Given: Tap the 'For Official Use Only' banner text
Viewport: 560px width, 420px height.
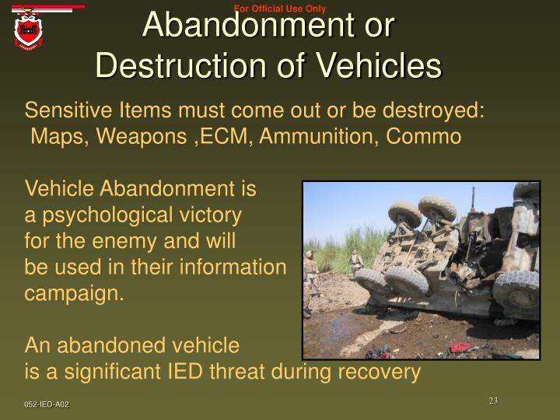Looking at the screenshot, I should tap(279, 9).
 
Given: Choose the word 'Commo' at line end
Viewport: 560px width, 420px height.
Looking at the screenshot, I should tap(425, 136).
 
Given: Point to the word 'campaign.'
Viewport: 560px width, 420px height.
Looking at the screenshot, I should tap(75, 294).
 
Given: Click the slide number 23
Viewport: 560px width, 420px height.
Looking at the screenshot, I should tap(493, 401).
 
